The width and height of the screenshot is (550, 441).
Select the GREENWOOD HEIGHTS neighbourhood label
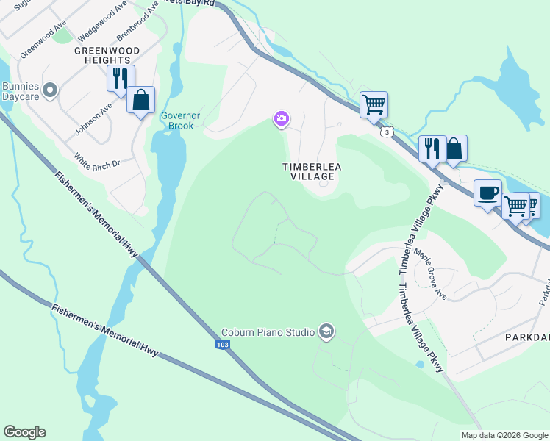pyautogui.click(x=102, y=55)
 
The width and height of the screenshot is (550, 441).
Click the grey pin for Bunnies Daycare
pyautogui.click(x=50, y=90)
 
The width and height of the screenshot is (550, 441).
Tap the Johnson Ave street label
pyautogui.click(x=93, y=118)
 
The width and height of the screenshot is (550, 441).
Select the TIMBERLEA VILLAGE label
pyautogui.click(x=312, y=171)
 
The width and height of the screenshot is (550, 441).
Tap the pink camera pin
pyautogui.click(x=281, y=118)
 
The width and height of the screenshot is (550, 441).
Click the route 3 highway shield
pyautogui.click(x=386, y=132)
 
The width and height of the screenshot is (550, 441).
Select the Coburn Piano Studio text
pyautogui.click(x=269, y=332)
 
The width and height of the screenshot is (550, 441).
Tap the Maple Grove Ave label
pyautogui.click(x=430, y=273)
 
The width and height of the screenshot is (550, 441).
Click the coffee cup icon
pyautogui.click(x=488, y=193)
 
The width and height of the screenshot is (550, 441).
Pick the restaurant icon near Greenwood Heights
pyautogui.click(x=121, y=78)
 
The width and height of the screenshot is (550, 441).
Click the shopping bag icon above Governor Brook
pyautogui.click(x=140, y=100)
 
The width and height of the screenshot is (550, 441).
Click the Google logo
pyautogui.click(x=24, y=432)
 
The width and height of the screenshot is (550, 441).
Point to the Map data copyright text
pyautogui.click(x=504, y=435)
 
